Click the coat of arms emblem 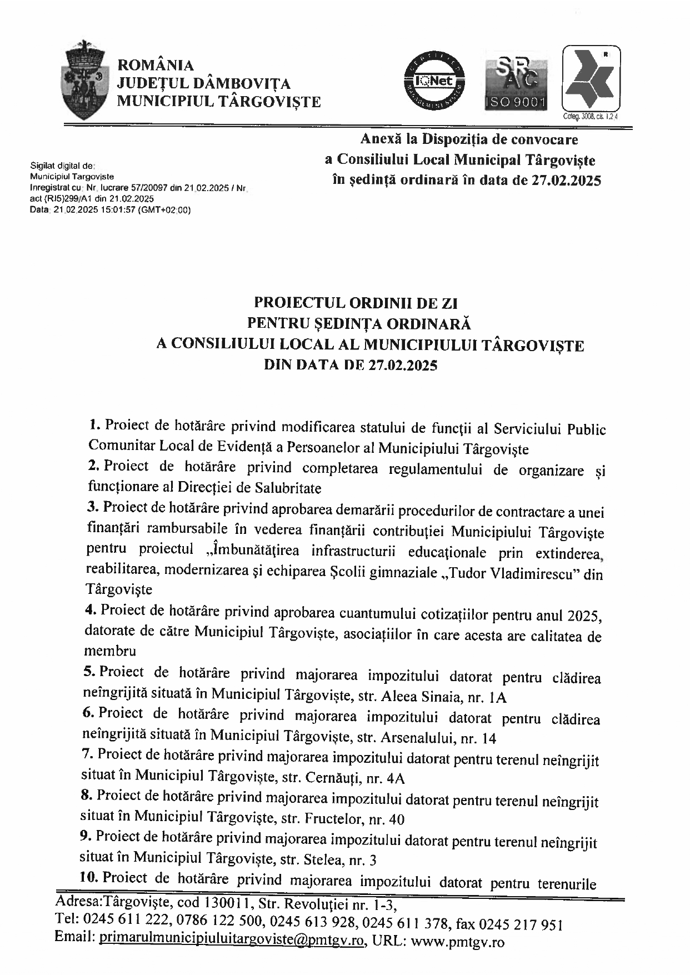85,78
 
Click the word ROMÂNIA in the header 156,66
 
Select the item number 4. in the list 91,609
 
